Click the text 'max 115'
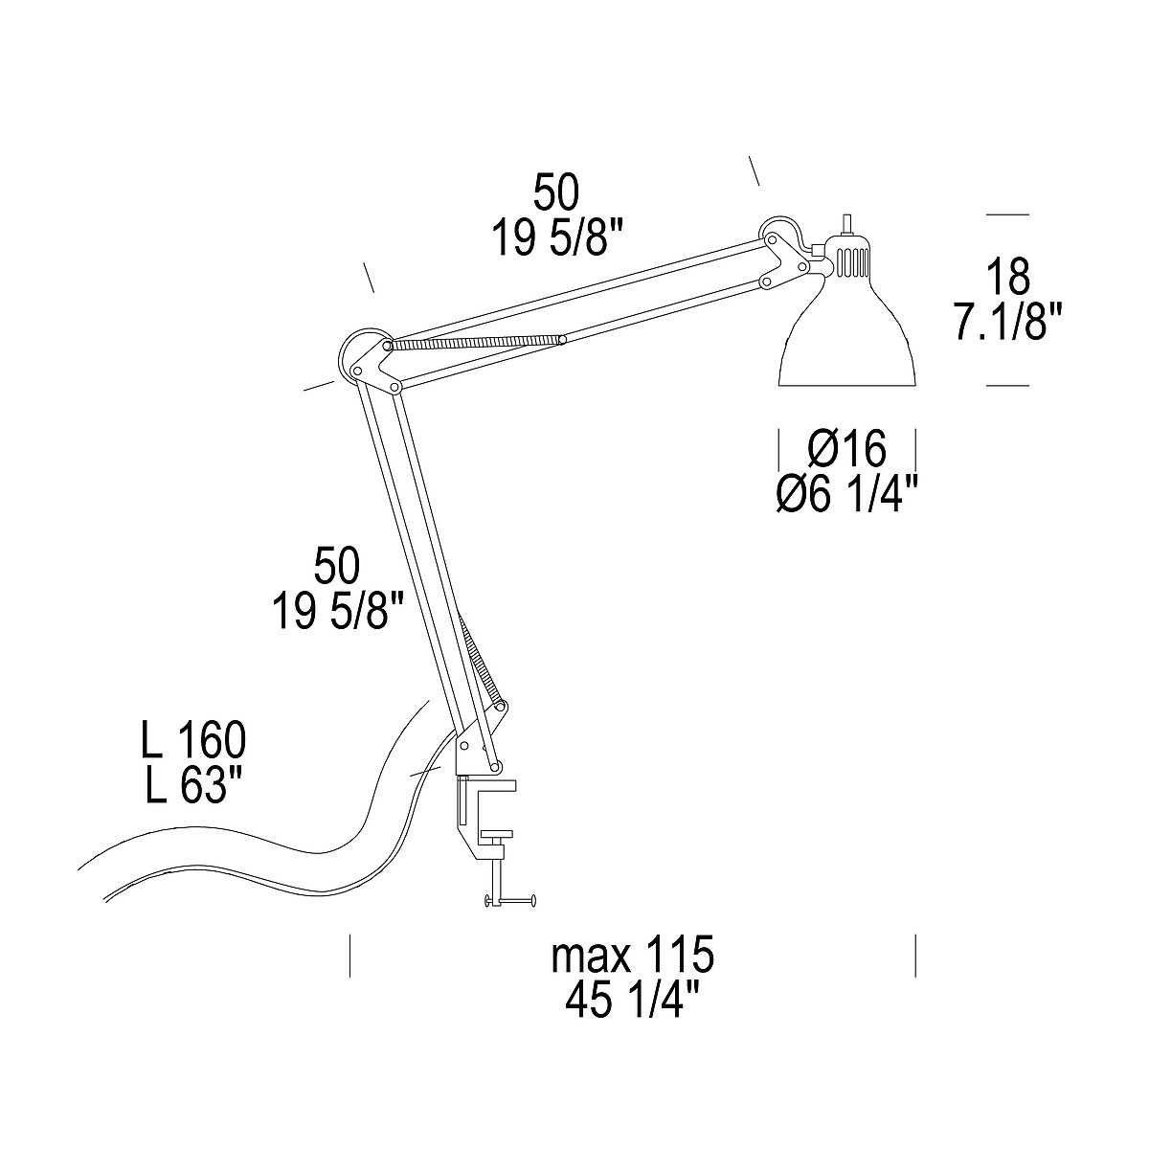(x=633, y=955)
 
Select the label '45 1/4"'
(x=633, y=1001)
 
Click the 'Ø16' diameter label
(x=847, y=448)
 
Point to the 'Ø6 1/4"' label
(x=847, y=495)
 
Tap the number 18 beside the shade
(x=1007, y=276)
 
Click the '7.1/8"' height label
(x=1008, y=322)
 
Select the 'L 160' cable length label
(x=192, y=741)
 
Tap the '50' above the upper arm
(x=556, y=193)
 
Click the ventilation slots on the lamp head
(x=850, y=260)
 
